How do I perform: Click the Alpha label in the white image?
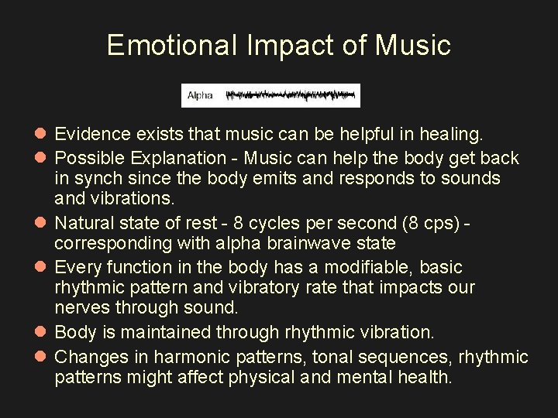[x=199, y=95]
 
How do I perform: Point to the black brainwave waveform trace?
[x=290, y=95]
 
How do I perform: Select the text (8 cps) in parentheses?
[x=424, y=224]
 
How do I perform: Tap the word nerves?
[x=81, y=307]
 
